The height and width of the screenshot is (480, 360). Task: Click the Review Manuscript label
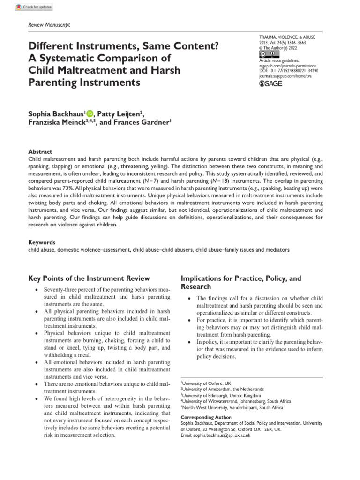[50, 25]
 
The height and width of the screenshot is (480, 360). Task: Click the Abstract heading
[40, 152]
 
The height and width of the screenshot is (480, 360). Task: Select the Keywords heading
[42, 242]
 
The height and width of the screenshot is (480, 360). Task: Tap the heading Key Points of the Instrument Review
[89, 278]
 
